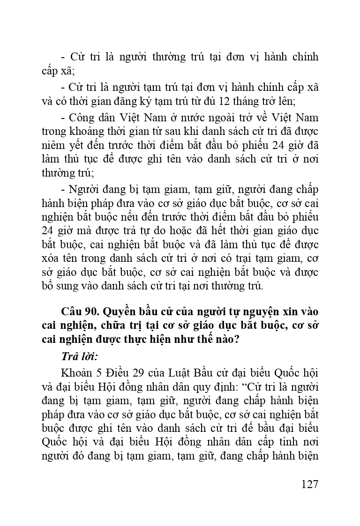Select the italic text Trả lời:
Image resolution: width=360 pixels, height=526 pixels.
coord(79,356)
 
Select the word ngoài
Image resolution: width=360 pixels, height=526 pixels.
coord(232,117)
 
